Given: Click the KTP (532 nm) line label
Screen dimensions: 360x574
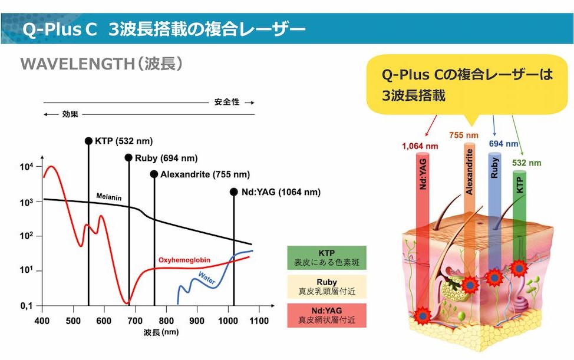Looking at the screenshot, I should coord(124,141).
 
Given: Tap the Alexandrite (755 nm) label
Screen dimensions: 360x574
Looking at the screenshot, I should coord(204,174).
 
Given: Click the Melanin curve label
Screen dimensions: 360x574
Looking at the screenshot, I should coord(109,197).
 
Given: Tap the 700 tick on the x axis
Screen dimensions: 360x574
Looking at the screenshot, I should coord(136,321).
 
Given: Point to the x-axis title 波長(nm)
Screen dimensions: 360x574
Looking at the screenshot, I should coord(160,332).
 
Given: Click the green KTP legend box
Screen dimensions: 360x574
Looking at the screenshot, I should coord(327,257).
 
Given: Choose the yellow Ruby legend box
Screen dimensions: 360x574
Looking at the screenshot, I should coord(327,286).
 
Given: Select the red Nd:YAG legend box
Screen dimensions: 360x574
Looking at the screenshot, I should coord(327,315).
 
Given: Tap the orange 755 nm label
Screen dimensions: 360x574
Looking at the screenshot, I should coord(463,136).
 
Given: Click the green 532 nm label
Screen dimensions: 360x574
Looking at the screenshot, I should coord(526,163).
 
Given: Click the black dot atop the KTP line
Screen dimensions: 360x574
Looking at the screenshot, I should coord(89,141).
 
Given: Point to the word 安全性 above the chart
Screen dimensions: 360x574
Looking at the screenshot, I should coord(227,102).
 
